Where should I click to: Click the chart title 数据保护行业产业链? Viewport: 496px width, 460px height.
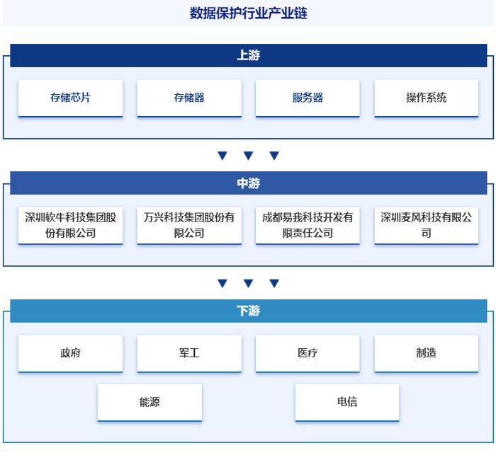pyautogui.click(x=248, y=13)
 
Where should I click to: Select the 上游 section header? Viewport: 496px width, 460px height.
pyautogui.click(x=248, y=55)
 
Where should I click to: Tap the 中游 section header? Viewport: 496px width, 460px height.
pyautogui.click(x=248, y=183)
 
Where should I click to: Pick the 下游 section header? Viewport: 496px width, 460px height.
pyautogui.click(x=248, y=311)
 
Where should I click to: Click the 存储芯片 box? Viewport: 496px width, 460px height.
pyautogui.click(x=70, y=98)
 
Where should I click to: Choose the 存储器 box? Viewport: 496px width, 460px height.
pyautogui.click(x=189, y=98)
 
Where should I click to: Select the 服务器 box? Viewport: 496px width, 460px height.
pyautogui.click(x=308, y=98)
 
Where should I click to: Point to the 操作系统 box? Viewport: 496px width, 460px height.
pyautogui.click(x=427, y=98)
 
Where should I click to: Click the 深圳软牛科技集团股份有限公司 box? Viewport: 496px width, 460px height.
pyautogui.click(x=70, y=226)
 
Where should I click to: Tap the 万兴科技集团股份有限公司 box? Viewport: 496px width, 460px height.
pyautogui.click(x=189, y=226)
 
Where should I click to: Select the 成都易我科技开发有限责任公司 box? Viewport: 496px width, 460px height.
pyautogui.click(x=308, y=226)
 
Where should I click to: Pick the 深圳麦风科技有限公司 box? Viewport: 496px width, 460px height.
pyautogui.click(x=427, y=226)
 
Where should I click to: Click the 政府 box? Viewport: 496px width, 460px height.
pyautogui.click(x=70, y=354)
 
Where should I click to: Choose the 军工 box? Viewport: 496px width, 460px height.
pyautogui.click(x=189, y=354)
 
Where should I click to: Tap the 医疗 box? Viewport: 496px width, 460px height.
pyautogui.click(x=308, y=354)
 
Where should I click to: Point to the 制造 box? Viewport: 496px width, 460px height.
pyautogui.click(x=427, y=354)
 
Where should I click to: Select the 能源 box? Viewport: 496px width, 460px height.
pyautogui.click(x=150, y=403)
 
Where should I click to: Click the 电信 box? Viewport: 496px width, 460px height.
pyautogui.click(x=347, y=403)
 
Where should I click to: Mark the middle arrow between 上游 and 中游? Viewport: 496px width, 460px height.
pyautogui.click(x=248, y=155)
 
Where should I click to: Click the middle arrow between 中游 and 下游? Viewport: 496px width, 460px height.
pyautogui.click(x=248, y=283)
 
